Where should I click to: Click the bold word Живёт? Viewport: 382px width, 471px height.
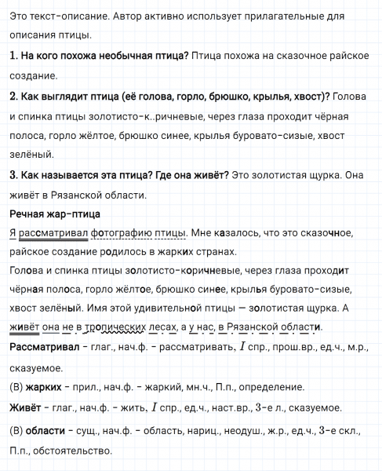tap(24, 407)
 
